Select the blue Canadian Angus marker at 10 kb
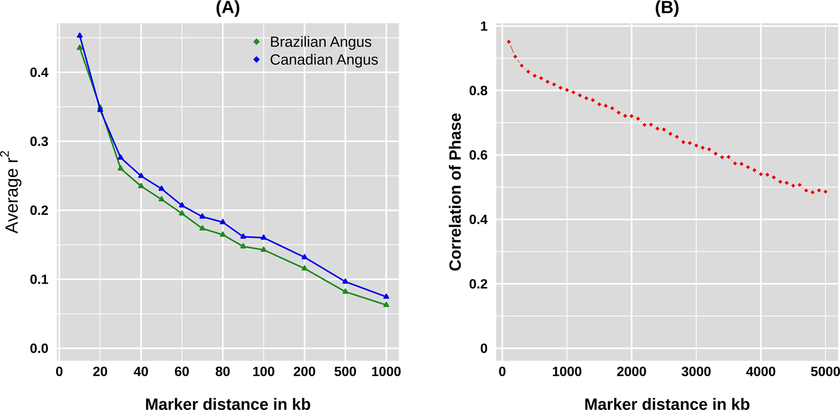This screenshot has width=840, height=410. coord(80,36)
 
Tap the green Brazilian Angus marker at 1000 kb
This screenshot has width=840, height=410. coord(386,305)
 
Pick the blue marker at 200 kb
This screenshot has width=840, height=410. coord(304,257)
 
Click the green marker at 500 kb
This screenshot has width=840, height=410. coord(345,291)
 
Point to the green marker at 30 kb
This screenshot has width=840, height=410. coord(120,168)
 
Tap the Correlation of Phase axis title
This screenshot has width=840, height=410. coord(455,192)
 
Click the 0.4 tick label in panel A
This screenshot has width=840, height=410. coord(39,72)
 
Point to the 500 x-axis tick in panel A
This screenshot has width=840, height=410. coord(345,372)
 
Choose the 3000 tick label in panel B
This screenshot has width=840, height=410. coord(696,372)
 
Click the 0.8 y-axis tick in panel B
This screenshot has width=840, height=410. coord(477,91)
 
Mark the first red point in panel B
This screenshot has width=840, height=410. coord(508,42)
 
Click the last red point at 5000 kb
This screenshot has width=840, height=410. coord(825,192)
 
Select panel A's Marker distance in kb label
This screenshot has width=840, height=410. coord(227,403)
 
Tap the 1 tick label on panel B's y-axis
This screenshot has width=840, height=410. coord(483,26)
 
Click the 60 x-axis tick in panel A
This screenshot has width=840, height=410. coord(182,372)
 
